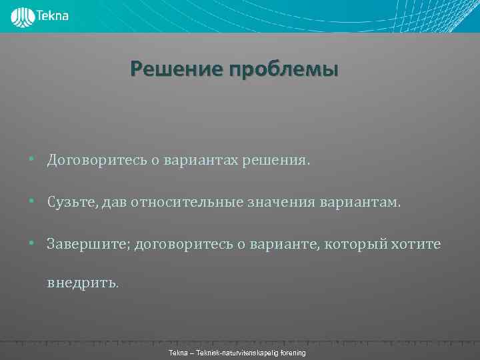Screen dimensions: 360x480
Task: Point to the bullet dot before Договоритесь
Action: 31,161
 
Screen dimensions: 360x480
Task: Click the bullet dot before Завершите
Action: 31,245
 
